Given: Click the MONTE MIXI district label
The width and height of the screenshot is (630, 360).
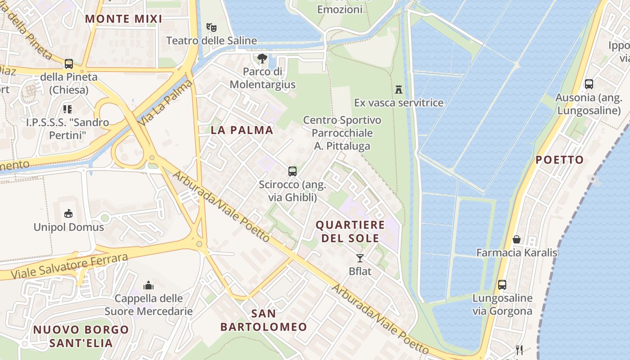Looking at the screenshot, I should click(123, 19).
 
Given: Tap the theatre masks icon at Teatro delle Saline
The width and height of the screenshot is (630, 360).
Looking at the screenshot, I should click(211, 27).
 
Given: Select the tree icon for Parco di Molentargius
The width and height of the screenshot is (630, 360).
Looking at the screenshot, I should click(262, 58).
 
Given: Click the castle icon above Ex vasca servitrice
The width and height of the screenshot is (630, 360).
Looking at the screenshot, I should click(398, 89).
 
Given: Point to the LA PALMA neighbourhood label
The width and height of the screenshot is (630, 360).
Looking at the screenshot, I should click(242, 130).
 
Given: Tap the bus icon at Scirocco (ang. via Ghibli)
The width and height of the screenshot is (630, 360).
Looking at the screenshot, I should click(292, 171).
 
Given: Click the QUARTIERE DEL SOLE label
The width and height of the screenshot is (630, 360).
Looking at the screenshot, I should click(350, 231).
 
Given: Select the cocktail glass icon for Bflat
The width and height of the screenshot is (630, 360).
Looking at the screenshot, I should click(360, 258).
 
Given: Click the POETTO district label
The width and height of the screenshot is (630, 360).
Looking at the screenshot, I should click(559, 160).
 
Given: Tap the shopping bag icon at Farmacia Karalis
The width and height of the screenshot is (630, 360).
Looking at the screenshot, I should click(517, 239).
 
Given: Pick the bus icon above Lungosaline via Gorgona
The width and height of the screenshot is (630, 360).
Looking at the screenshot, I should click(502, 284).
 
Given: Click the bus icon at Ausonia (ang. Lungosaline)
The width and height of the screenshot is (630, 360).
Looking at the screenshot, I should click(589, 84).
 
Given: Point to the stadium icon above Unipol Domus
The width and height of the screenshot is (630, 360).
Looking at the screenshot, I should click(68, 213).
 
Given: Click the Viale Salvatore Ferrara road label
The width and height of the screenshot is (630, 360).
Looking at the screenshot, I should click(70, 266).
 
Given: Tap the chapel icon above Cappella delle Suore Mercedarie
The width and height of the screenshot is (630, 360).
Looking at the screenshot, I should click(148, 285).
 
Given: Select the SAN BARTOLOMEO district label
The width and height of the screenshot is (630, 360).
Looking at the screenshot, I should click(263, 320).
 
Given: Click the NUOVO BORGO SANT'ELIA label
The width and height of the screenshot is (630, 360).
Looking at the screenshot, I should click(81, 336).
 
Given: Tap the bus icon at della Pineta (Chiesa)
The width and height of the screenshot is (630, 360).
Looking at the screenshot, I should click(68, 63).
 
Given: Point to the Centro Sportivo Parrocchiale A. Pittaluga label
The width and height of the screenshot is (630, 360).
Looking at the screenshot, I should click(342, 133).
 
